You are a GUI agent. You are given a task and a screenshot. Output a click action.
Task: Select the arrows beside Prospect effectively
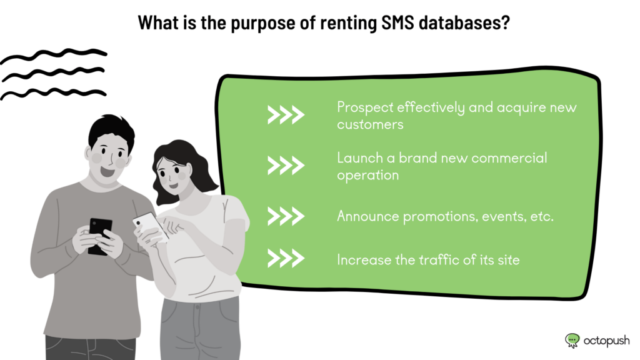tap(286, 115)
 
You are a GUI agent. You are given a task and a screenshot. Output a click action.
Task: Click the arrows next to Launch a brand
tap(286, 166)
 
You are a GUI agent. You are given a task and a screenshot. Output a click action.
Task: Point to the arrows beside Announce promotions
tap(286, 216)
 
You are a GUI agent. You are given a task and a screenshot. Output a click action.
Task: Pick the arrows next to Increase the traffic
tap(286, 258)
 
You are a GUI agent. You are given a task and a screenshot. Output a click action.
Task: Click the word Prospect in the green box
tap(365, 107)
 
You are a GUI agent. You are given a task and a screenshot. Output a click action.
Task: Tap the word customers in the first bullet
tap(370, 124)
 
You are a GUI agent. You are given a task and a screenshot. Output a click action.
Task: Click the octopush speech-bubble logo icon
tap(572, 341)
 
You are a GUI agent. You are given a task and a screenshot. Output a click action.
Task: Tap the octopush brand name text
tap(606, 341)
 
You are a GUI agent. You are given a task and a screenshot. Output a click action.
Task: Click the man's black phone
tap(99, 236)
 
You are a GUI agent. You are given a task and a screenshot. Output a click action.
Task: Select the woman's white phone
tap(150, 226)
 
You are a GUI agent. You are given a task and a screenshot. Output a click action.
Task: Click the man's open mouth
tap(107, 171)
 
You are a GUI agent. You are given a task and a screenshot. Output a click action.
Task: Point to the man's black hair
tap(111, 131)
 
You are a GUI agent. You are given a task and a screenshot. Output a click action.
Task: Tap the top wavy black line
tap(54, 56)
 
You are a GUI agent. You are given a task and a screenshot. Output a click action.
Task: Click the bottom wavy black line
tap(54, 94)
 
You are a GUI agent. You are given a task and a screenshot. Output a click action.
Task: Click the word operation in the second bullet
tap(367, 176)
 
